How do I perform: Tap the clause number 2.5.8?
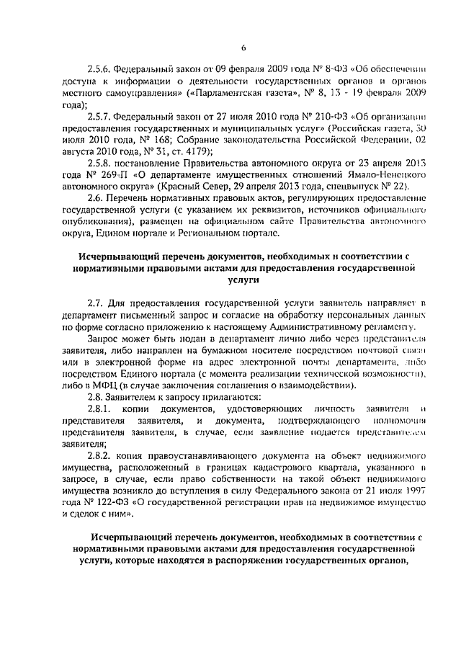click(x=100, y=162)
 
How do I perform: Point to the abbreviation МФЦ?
click(x=104, y=385)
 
